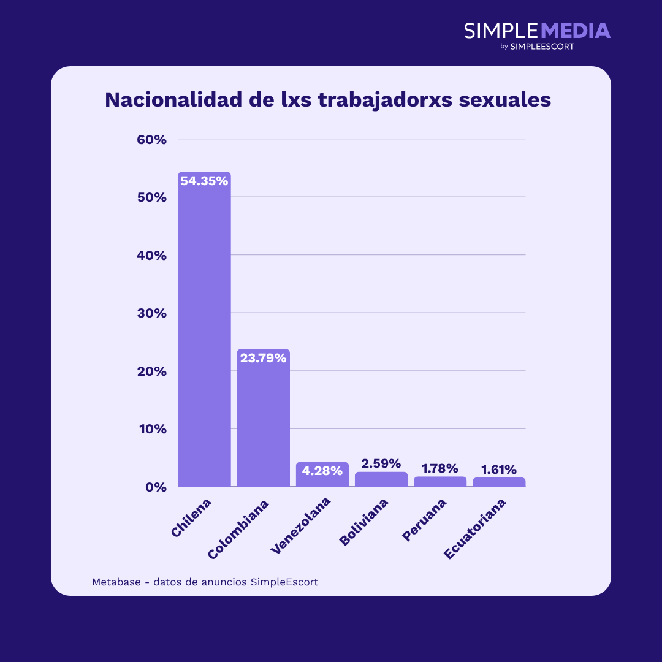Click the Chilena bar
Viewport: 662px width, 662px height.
tap(204, 331)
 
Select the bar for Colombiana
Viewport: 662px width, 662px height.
tap(263, 423)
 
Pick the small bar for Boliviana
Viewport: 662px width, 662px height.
tap(381, 479)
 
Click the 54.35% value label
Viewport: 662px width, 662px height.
tap(204, 181)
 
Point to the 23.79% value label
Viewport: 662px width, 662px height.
tap(263, 359)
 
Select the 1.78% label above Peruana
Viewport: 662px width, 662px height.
tap(439, 469)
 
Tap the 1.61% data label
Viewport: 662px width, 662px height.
tap(498, 470)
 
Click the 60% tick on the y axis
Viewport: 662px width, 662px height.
tap(151, 140)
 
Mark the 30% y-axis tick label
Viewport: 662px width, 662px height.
tap(151, 313)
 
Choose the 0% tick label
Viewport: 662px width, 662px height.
tap(155, 487)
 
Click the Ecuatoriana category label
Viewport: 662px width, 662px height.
tap(476, 528)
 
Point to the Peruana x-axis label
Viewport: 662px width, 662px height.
tap(424, 520)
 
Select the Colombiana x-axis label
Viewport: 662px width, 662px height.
tap(238, 529)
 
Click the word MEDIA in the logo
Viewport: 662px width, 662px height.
tap(576, 31)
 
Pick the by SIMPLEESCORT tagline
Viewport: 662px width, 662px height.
tap(537, 47)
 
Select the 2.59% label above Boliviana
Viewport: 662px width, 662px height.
tap(381, 464)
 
